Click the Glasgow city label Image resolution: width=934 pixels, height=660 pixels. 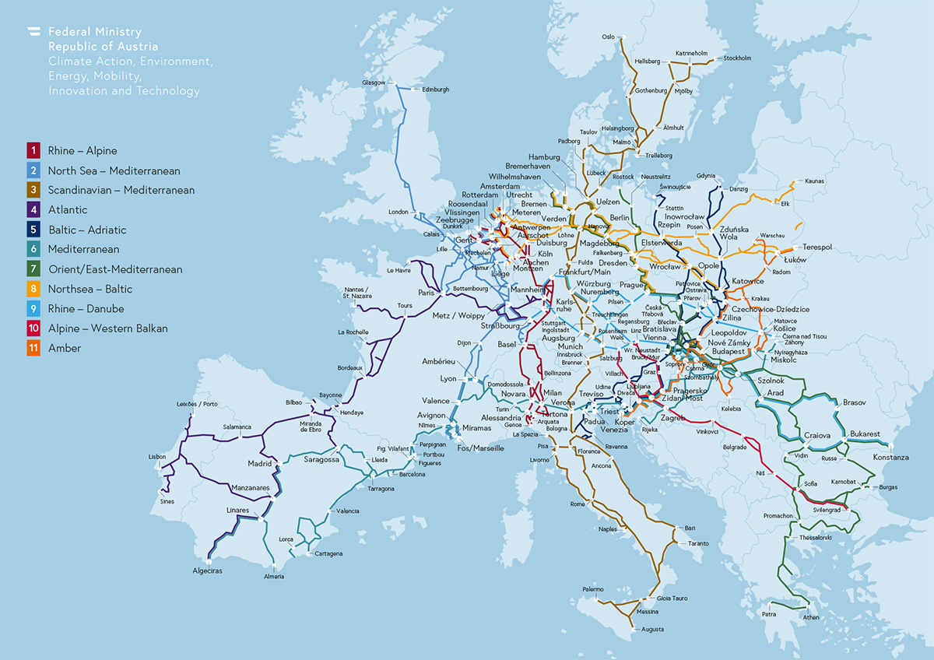[x=374, y=82]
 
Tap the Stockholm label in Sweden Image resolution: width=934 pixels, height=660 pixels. [x=737, y=58]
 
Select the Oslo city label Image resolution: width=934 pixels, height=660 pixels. [x=609, y=37]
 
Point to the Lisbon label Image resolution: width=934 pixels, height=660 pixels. [x=157, y=457]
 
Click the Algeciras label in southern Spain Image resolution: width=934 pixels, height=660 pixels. [x=207, y=571]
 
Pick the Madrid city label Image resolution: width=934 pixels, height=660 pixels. [x=259, y=464]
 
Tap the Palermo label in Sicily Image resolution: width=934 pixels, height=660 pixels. [x=592, y=589]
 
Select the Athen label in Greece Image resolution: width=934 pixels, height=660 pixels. [x=811, y=617]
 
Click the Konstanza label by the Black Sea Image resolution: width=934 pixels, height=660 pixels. [x=890, y=458]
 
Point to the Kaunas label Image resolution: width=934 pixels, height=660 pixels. [x=814, y=181]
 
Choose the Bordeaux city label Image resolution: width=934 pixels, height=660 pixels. [x=350, y=367]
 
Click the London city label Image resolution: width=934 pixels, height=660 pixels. [x=399, y=212]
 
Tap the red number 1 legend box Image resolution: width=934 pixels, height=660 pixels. [x=33, y=151]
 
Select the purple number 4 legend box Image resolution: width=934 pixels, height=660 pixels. [x=33, y=210]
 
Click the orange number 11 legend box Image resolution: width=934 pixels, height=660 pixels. [x=33, y=348]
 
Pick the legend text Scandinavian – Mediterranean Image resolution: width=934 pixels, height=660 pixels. [x=121, y=191]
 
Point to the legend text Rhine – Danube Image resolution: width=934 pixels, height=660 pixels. [x=90, y=309]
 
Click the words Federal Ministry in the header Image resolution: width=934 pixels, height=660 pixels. [x=94, y=32]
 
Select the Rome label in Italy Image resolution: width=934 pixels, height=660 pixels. [x=577, y=504]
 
